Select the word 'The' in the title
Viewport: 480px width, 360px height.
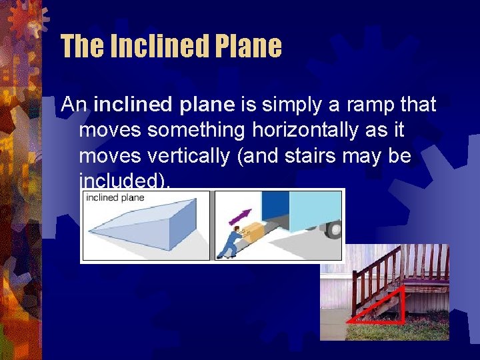pos(81,47)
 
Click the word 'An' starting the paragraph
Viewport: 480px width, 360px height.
pos(75,105)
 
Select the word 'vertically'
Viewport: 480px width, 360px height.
pos(193,155)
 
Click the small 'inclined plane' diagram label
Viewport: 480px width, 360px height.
pos(114,198)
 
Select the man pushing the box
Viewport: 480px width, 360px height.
pos(230,243)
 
